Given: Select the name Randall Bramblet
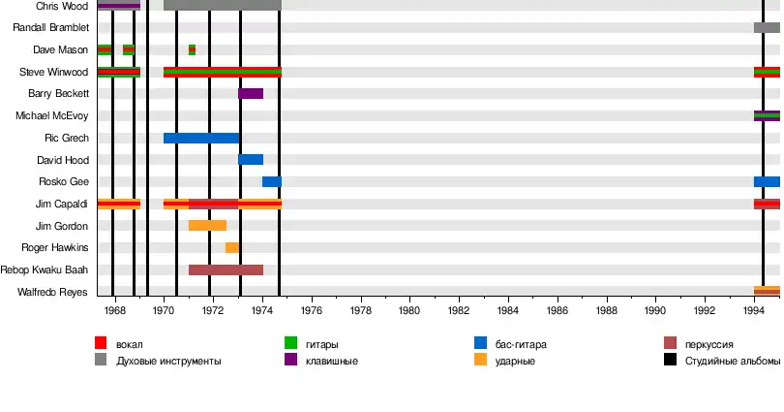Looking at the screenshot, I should pyautogui.click(x=51, y=27).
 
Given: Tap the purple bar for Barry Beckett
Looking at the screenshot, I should pyautogui.click(x=251, y=93).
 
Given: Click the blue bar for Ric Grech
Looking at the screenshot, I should pyautogui.click(x=201, y=138).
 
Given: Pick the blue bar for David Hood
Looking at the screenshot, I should pyautogui.click(x=251, y=159).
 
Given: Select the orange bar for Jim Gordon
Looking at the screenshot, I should pyautogui.click(x=207, y=225).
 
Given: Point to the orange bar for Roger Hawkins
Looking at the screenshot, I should pyautogui.click(x=232, y=247).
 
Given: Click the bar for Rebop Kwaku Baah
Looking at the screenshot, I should pyautogui.click(x=226, y=269).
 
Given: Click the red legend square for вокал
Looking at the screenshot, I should pyautogui.click(x=101, y=343).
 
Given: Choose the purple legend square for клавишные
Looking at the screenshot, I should pyautogui.click(x=290, y=360).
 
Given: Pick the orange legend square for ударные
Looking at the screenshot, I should pyautogui.click(x=480, y=360).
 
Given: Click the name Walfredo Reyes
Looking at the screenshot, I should pyautogui.click(x=53, y=292).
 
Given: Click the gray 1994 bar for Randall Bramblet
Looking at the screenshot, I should pyautogui.click(x=767, y=27).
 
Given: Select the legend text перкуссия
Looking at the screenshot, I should pyautogui.click(x=709, y=344).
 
